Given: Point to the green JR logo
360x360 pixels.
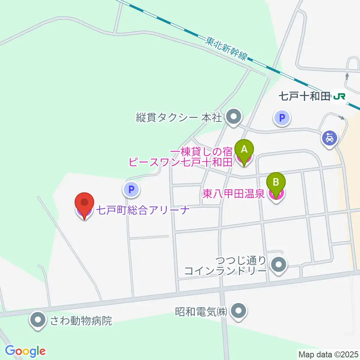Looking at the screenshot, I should point(339,97).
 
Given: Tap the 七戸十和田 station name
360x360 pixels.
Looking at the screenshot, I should point(304,97).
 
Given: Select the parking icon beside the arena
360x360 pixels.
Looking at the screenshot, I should point(131,190).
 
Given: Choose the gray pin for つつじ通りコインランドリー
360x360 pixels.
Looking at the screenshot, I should point(278,265).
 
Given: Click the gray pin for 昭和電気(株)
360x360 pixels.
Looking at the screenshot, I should point(237,311).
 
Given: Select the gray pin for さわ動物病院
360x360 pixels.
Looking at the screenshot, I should point(38,321).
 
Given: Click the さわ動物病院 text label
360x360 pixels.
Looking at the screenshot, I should point(81,321).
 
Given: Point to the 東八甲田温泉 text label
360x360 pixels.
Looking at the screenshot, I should point(233,194).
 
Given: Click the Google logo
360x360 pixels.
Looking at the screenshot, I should point(25,351).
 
